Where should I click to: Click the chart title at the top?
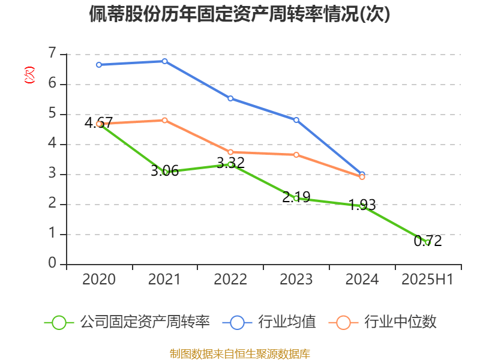click(x=239, y=14)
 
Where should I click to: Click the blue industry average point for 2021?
click(x=164, y=61)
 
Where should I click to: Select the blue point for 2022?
click(x=230, y=98)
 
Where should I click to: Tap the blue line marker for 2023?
click(x=296, y=120)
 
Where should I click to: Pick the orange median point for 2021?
click(x=164, y=121)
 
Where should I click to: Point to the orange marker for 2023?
click(x=296, y=155)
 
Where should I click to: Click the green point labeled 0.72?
click(x=428, y=242)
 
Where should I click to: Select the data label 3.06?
click(x=164, y=171)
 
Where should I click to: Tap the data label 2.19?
click(x=296, y=197)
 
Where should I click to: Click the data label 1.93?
click(x=362, y=205)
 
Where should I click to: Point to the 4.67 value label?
click(x=98, y=123)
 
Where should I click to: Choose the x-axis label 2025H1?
click(x=427, y=279)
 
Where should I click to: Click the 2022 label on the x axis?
click(x=230, y=279)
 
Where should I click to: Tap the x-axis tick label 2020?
click(x=99, y=279)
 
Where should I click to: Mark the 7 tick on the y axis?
click(x=52, y=53)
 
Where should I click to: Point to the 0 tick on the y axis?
click(x=52, y=263)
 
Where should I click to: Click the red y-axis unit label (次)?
click(x=29, y=75)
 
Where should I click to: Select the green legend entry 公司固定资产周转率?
click(x=127, y=322)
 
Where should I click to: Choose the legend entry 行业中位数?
click(x=382, y=322)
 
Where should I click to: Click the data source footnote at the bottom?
click(x=240, y=354)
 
